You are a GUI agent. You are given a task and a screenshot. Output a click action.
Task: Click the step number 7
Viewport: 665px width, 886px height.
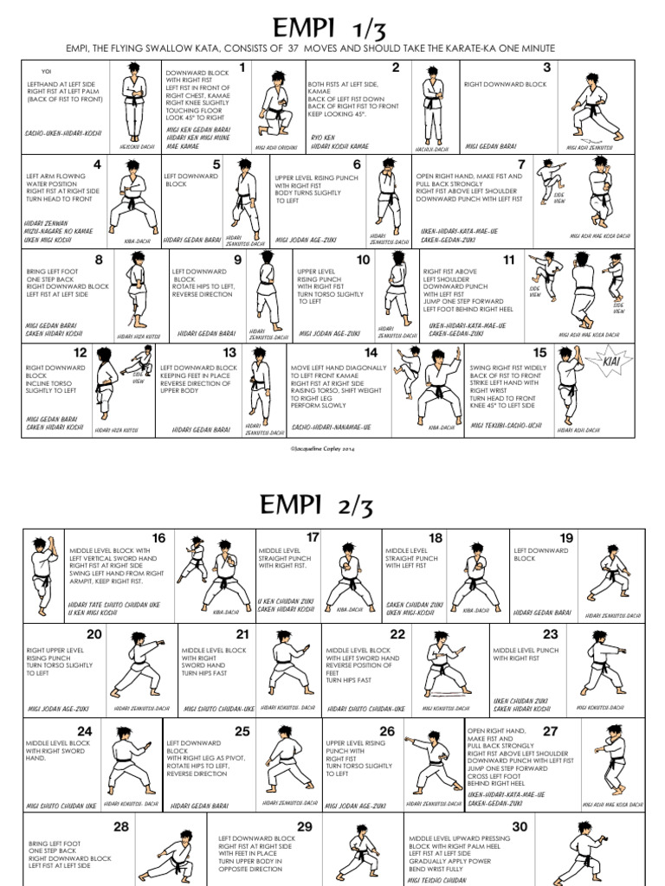pos(521,164)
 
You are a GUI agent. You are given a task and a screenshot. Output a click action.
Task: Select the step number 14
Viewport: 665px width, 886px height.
pos(371,353)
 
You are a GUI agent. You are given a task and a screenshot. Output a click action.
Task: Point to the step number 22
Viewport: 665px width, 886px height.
pos(397,634)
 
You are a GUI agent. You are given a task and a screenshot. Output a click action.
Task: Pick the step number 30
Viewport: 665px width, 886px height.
pos(520,827)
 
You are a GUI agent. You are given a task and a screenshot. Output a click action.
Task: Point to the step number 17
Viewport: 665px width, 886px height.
pos(313,538)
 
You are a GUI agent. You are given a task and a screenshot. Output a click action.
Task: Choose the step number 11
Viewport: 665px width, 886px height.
pos(508,260)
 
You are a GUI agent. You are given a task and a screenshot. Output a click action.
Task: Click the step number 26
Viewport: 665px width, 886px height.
pos(386,731)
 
